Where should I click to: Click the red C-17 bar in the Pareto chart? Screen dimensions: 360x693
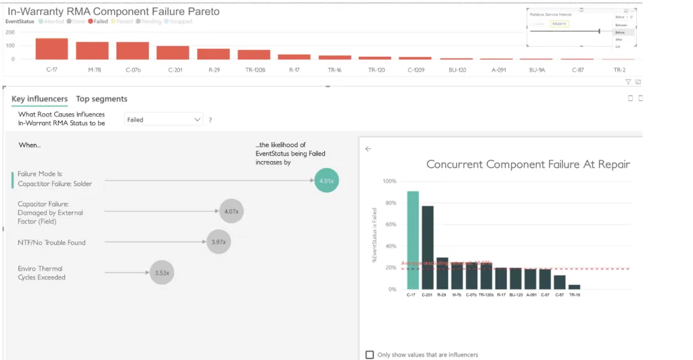pyautogui.click(x=51, y=49)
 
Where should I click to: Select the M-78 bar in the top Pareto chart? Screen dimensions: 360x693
pyautogui.click(x=92, y=51)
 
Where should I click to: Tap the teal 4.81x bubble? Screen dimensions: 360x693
pyautogui.click(x=326, y=181)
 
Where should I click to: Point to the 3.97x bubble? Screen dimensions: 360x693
pyautogui.click(x=218, y=242)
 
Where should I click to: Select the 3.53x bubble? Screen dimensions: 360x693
pyautogui.click(x=162, y=273)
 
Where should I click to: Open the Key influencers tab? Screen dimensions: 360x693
pyautogui.click(x=39, y=99)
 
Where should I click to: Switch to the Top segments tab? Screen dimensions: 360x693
pyautogui.click(x=102, y=99)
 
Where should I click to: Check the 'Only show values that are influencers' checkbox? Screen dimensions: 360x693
pyautogui.click(x=370, y=355)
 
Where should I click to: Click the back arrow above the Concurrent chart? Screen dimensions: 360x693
pyautogui.click(x=368, y=149)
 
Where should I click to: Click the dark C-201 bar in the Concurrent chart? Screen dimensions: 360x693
pyautogui.click(x=428, y=248)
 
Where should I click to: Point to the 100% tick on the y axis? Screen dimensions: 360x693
pyautogui.click(x=390, y=181)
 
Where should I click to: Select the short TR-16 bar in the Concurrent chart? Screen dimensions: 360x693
pyautogui.click(x=574, y=287)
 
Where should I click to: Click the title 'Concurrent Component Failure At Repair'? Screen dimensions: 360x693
pyautogui.click(x=528, y=164)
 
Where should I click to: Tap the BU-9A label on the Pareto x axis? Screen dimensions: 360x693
pyautogui.click(x=537, y=70)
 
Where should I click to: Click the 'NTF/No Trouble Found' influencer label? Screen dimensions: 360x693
pyautogui.click(x=51, y=242)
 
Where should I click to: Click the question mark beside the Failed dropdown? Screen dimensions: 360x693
pyautogui.click(x=210, y=120)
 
